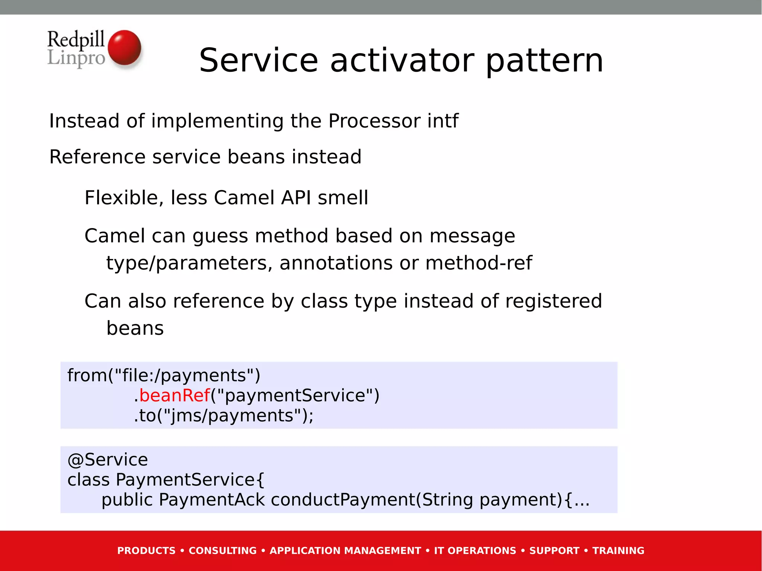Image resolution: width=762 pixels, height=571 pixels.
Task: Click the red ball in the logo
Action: click(124, 48)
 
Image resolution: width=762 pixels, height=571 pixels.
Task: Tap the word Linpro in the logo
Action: click(76, 58)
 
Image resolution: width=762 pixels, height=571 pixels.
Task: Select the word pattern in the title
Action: click(544, 61)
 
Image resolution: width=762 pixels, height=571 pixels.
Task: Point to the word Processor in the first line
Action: click(374, 121)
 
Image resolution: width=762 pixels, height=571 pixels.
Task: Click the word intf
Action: click(443, 121)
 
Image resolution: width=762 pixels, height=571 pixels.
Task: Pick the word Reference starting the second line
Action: click(97, 157)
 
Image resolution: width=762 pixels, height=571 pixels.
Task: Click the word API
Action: click(296, 198)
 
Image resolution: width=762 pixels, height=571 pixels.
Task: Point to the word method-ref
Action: click(478, 263)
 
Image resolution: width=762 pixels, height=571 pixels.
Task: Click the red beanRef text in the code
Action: click(175, 395)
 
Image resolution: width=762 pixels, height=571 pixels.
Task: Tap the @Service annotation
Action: click(108, 460)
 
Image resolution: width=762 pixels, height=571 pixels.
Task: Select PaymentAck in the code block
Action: click(212, 500)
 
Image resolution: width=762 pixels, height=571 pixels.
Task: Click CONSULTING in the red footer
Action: click(222, 551)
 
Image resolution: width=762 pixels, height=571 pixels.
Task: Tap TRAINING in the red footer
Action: click(618, 551)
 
